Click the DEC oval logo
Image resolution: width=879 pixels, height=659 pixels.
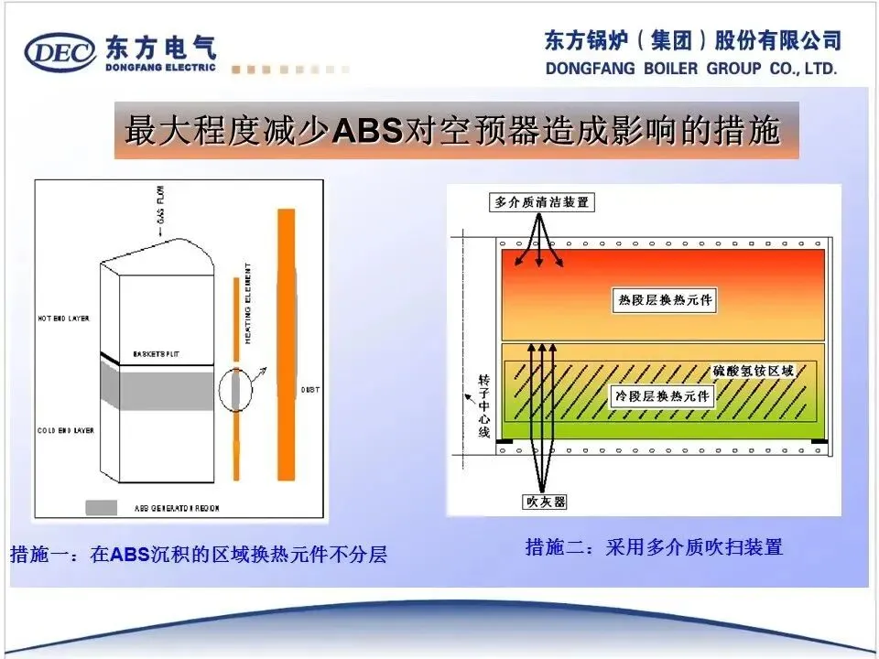click(60, 53)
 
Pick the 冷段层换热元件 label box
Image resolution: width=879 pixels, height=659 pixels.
click(662, 395)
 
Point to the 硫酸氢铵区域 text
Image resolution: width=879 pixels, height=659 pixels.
click(754, 372)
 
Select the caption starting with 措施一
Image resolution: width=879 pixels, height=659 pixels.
click(198, 555)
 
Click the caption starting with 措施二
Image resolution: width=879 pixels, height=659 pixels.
click(654, 547)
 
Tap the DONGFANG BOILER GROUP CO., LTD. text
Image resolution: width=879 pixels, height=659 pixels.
click(691, 69)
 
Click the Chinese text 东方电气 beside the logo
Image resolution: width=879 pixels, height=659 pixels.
click(160, 46)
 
